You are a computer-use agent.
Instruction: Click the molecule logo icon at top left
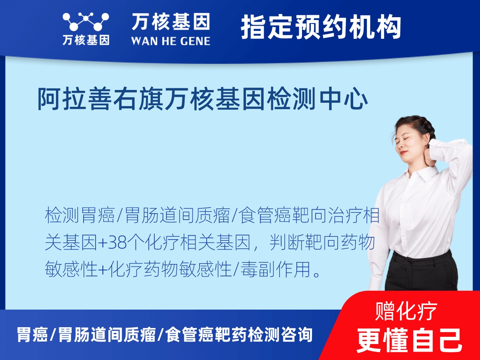(86, 22)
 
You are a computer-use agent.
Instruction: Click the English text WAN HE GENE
(171, 40)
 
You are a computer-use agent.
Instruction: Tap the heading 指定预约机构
(321, 27)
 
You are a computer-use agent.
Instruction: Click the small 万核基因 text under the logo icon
(86, 40)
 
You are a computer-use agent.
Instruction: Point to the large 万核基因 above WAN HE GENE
(171, 22)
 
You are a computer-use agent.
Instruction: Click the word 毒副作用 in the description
(276, 270)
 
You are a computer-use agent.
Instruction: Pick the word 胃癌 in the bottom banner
(32, 335)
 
